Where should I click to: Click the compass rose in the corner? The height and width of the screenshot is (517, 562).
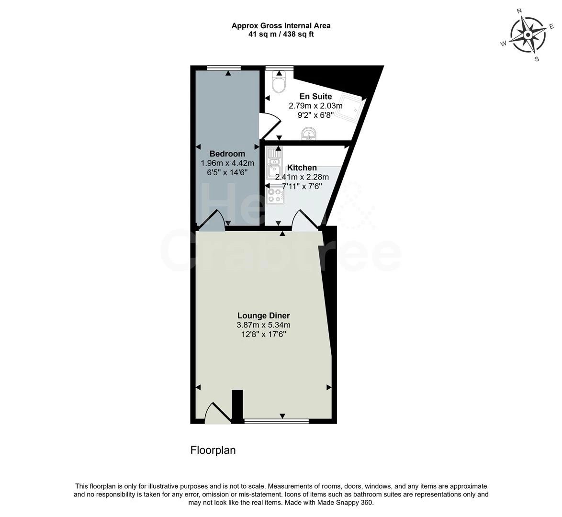click(x=528, y=34)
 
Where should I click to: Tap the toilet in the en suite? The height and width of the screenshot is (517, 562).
click(x=278, y=82)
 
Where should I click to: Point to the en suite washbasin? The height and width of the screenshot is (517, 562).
click(x=309, y=134)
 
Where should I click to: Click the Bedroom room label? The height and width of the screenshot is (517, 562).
click(x=227, y=154)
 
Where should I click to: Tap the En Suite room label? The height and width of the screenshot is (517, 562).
click(x=315, y=97)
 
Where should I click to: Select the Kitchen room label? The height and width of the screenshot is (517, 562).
click(x=302, y=168)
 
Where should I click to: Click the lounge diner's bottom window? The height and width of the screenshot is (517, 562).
click(x=277, y=421)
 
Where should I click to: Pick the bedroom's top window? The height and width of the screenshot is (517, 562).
click(x=224, y=67)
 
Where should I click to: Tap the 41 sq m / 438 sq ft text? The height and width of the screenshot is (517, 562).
click(x=281, y=34)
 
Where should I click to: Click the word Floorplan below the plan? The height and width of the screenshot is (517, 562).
click(x=213, y=450)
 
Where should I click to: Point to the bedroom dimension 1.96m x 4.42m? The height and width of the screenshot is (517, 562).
click(x=227, y=163)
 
